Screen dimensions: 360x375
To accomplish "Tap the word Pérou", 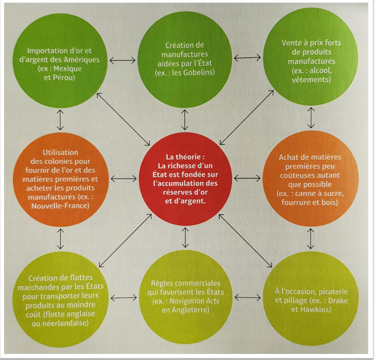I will coord(64,78).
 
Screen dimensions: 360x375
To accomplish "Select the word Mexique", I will coord(68,69).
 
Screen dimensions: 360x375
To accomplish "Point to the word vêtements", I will coord(311,80).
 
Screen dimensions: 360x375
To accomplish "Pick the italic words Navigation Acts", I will coord(194,301).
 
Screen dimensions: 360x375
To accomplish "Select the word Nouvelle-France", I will coord(60,206).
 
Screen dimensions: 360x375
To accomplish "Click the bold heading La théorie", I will coord(185,157).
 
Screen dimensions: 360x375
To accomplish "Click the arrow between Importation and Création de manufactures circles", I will coord(123,61).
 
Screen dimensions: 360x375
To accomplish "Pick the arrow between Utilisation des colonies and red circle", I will coord(124,179).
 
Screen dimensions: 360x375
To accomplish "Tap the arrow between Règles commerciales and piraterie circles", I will coord(247,298).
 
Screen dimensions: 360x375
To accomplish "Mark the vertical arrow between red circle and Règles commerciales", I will coord(185,238).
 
